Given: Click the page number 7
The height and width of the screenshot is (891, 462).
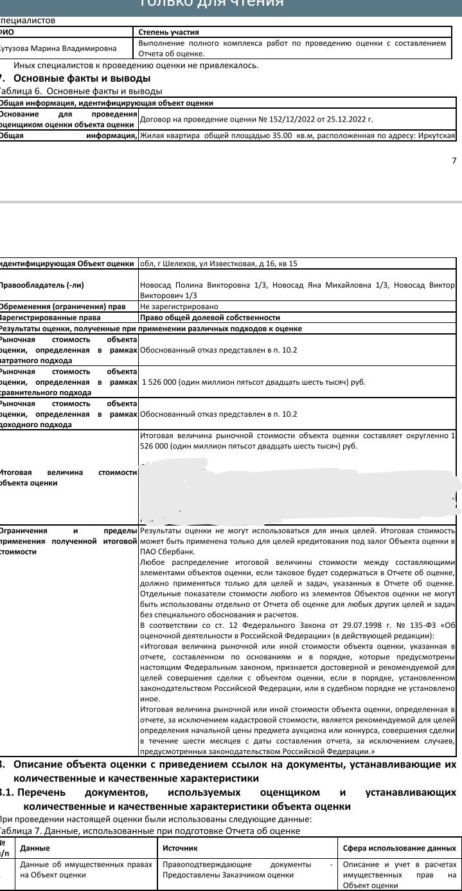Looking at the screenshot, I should click(x=454, y=161).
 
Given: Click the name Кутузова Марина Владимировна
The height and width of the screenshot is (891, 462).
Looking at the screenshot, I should click(x=58, y=48).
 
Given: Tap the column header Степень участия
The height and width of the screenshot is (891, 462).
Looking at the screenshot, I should click(x=169, y=32).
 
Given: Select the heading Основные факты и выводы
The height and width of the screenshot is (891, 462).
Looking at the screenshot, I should click(x=82, y=78).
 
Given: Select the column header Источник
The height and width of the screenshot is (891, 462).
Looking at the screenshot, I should click(x=181, y=849).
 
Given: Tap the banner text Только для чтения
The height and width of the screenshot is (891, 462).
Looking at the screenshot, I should click(x=211, y=3).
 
